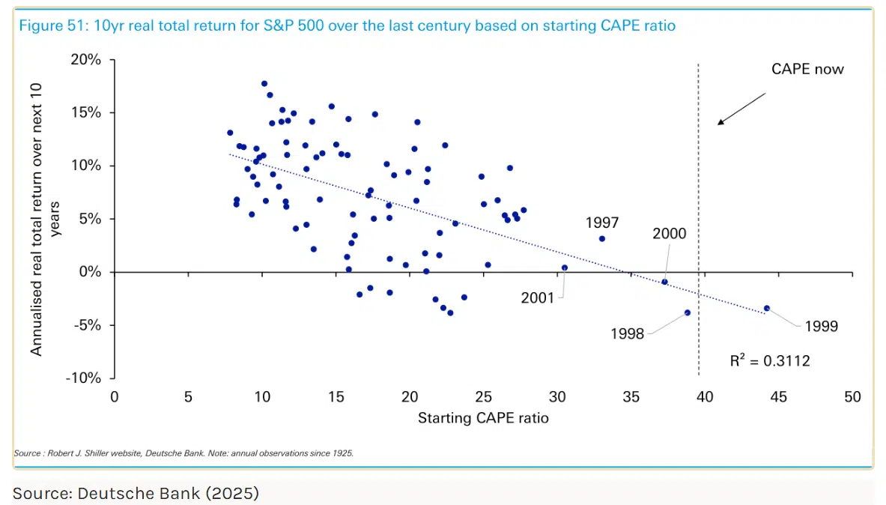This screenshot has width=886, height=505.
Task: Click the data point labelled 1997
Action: pos(602,239)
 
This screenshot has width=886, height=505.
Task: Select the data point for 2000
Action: pos(664,282)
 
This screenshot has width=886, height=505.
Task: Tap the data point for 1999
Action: pos(767,308)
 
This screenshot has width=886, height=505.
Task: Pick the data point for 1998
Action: pos(687,312)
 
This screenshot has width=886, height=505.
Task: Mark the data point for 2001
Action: pos(565,268)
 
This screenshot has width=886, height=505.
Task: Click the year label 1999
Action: pos(821,326)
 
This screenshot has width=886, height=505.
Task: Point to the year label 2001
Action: pos(537,298)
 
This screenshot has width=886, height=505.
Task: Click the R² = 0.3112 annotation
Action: pos(770,360)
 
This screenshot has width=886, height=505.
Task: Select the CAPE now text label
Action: pos(807,69)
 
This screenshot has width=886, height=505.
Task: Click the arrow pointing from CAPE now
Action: pos(741,109)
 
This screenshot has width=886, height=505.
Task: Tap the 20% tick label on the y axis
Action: pos(86,59)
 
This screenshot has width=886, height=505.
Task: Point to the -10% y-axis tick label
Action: pos(83,378)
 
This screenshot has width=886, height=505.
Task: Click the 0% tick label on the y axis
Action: pos(90,272)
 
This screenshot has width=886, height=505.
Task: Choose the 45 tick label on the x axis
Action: pos(779,397)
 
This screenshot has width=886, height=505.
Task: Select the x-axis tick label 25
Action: pos(483,397)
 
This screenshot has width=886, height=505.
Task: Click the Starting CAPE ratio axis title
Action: pos(483,418)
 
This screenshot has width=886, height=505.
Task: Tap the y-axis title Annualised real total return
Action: pos(36,220)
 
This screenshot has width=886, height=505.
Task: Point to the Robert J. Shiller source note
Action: pos(183,453)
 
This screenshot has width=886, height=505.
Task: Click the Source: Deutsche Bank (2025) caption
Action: pos(136,493)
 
